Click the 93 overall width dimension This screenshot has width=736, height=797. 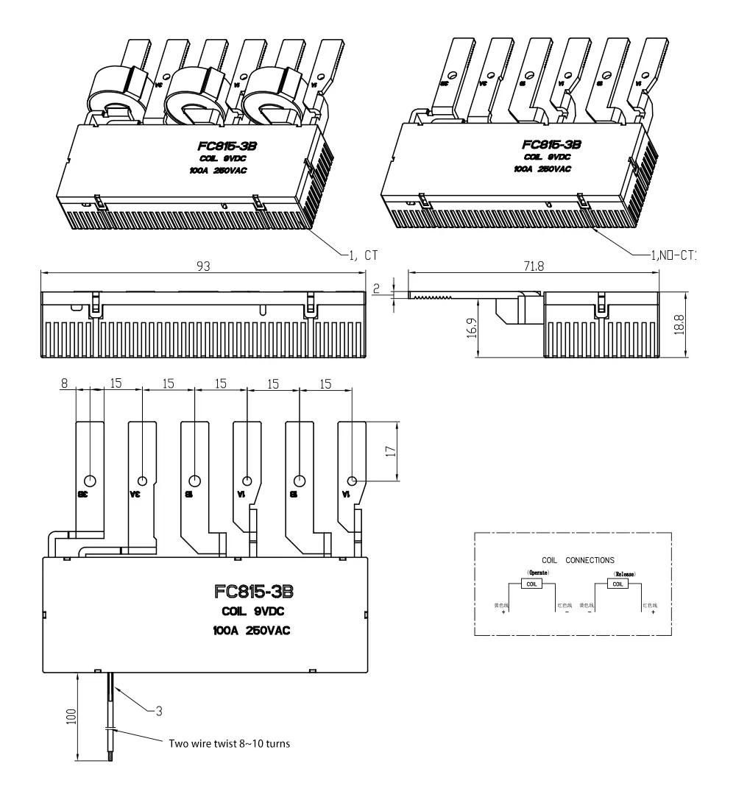(202, 266)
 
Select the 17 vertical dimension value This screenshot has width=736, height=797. (389, 450)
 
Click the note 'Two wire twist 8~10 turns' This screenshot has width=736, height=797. (230, 743)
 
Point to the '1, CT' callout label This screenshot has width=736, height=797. (360, 255)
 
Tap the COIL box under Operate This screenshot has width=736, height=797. (531, 584)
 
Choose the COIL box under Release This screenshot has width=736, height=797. (618, 584)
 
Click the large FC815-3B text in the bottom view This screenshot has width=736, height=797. (255, 592)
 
